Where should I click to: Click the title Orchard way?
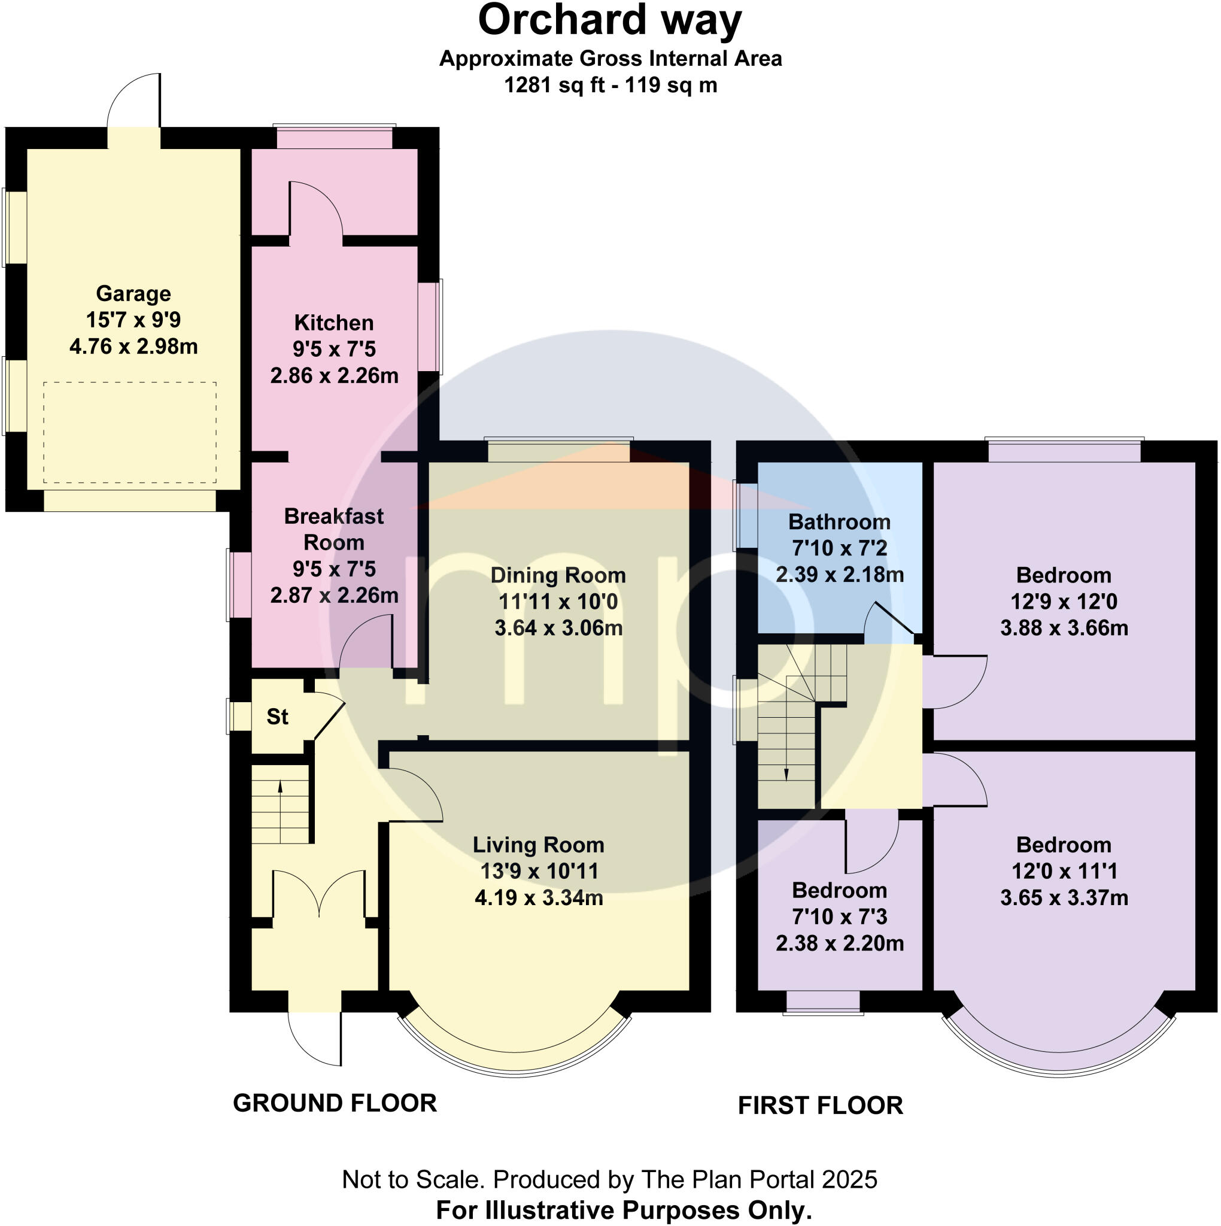609,20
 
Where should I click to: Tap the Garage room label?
133,294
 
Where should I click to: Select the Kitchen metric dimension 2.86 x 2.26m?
334,376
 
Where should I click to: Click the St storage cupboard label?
277,717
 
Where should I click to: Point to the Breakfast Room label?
334,529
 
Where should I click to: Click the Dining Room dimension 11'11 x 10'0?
558,602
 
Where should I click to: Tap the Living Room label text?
538,845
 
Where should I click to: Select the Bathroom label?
839,522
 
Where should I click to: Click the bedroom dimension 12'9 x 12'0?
1064,602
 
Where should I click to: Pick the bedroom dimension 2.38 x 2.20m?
839,943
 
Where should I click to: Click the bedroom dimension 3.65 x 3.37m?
1064,898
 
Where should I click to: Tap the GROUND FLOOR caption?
335,1103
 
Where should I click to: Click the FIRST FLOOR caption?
820,1106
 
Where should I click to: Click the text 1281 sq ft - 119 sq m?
610,85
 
